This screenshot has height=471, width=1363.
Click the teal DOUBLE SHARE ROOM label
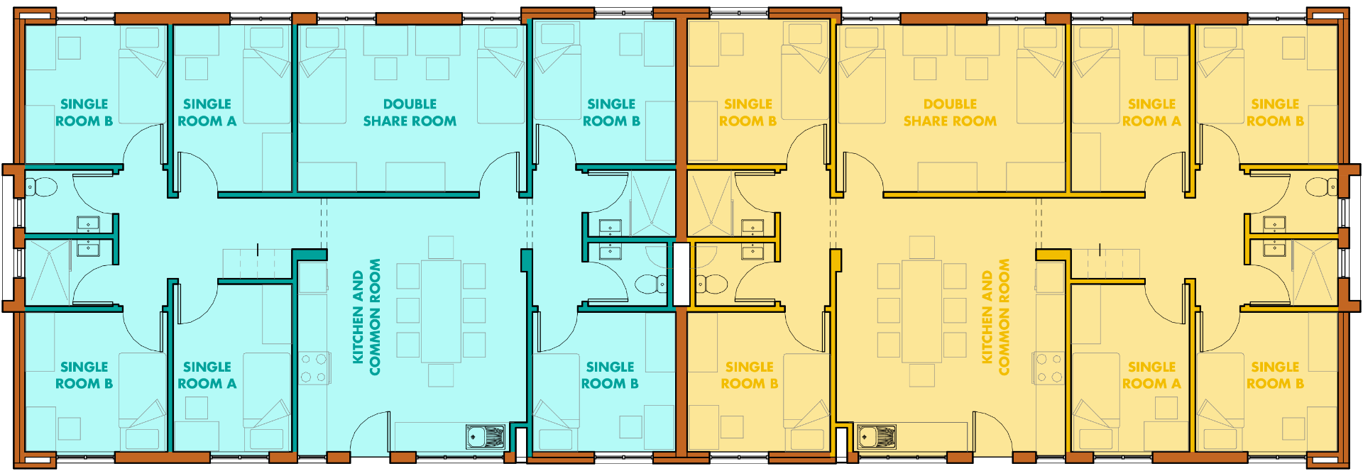410,113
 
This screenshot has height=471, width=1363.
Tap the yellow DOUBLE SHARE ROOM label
950,113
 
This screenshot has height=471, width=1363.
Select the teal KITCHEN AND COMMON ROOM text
366,316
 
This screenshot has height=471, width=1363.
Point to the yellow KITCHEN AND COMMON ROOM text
995,317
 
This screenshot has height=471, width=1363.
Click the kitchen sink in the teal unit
486,436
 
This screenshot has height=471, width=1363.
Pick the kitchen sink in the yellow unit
877,436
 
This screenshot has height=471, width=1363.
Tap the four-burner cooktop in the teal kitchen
314,368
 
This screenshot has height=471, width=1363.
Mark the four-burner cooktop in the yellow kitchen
1048,368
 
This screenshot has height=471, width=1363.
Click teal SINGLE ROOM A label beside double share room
207,113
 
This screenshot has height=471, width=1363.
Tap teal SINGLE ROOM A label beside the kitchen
207,375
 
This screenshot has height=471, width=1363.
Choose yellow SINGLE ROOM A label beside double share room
1151,113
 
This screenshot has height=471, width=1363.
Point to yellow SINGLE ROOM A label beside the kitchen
1151,375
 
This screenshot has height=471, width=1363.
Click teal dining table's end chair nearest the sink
441,375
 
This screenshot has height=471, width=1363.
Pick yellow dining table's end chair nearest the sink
921,375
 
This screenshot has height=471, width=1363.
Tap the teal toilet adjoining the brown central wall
651,284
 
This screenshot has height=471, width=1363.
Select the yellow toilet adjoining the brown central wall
711,284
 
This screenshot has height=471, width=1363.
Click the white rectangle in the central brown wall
681,275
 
